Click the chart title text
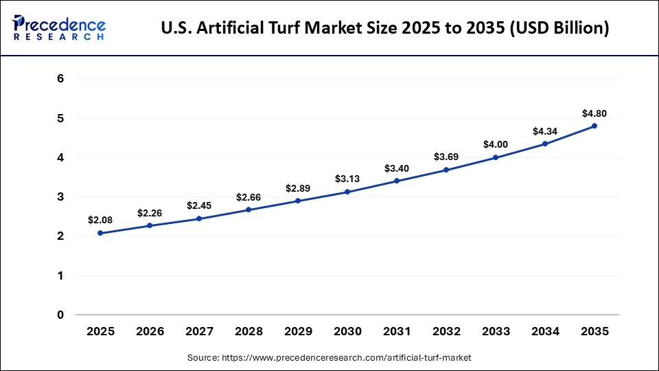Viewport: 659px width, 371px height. [384, 29]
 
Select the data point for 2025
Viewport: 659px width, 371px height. [100, 233]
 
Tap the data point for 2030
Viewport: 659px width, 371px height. [347, 192]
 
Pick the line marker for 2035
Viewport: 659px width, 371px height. [594, 126]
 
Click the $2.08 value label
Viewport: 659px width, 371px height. [100, 220]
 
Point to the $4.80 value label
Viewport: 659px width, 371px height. [594, 113]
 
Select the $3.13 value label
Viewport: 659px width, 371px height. [347, 179]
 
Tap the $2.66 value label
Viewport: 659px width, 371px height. [248, 197]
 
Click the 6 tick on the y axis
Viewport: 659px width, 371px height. [60, 79]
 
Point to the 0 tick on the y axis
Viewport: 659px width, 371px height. [60, 315]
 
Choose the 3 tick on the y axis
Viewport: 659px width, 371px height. [60, 197]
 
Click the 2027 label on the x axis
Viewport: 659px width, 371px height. [199, 331]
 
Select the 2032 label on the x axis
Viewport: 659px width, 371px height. [446, 331]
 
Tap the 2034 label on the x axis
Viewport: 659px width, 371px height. [545, 331]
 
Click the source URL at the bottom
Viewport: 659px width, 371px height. [329, 358]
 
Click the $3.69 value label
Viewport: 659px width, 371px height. [446, 157]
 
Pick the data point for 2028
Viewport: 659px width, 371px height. [248, 210]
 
